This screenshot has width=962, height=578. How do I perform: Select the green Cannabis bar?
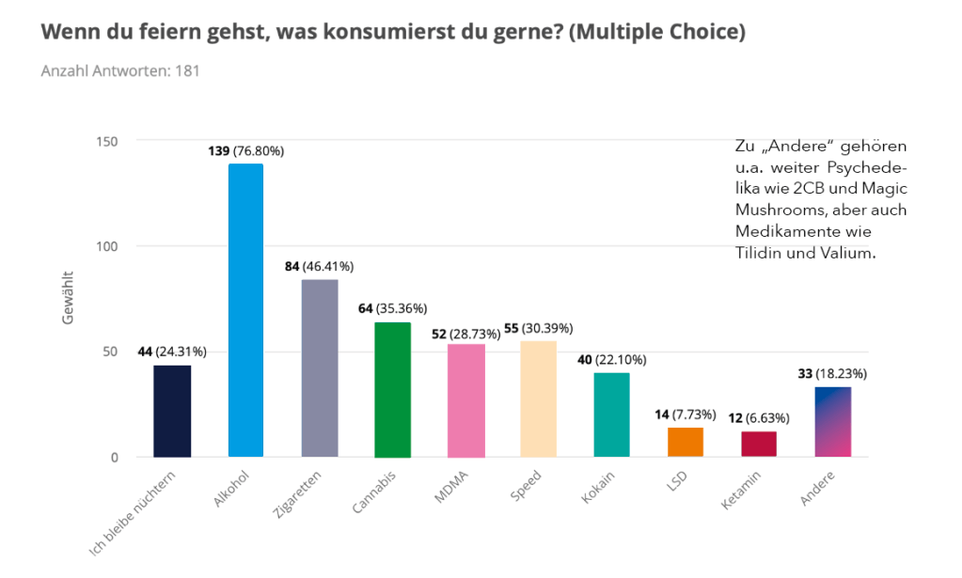(392, 389)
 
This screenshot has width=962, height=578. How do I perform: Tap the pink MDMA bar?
(465, 400)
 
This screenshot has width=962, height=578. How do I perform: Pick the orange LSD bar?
(686, 442)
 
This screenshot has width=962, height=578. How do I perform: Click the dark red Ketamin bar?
(759, 444)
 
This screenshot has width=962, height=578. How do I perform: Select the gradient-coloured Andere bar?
(832, 422)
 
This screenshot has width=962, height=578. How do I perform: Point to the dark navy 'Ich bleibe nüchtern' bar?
(172, 411)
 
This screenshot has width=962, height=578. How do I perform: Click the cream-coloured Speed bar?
(539, 398)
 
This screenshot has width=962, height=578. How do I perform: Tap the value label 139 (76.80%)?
(245, 150)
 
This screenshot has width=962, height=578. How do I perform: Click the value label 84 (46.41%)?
(319, 267)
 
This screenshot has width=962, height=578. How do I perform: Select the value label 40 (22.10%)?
(612, 360)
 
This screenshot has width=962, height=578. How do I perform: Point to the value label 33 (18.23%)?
(832, 373)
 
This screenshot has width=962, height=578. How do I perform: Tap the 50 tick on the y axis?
(110, 351)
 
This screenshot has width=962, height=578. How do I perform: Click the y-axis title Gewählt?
(68, 298)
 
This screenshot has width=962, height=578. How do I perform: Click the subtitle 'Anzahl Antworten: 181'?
(120, 70)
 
